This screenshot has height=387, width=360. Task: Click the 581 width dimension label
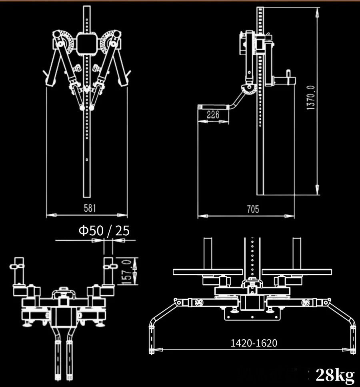(x=90, y=208)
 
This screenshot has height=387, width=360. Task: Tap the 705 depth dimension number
(x=253, y=209)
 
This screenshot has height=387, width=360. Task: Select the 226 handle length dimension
(x=213, y=114)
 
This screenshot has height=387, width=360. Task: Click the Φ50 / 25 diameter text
(x=104, y=231)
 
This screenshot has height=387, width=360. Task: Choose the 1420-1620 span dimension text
(x=254, y=343)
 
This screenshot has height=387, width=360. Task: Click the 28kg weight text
(x=335, y=375)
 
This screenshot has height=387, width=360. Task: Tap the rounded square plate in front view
(x=86, y=44)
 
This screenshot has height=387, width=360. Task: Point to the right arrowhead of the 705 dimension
(x=289, y=216)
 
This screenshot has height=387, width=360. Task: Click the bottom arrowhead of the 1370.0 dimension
(x=318, y=190)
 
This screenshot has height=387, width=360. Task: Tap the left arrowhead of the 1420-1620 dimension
(x=158, y=350)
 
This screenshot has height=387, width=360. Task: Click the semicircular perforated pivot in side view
(x=248, y=89)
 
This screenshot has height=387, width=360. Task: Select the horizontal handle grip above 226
(x=214, y=107)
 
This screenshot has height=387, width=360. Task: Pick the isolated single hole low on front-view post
(x=87, y=160)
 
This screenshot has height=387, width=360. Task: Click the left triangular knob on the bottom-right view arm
(x=198, y=302)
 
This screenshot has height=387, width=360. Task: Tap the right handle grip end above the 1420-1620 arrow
(x=353, y=340)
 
